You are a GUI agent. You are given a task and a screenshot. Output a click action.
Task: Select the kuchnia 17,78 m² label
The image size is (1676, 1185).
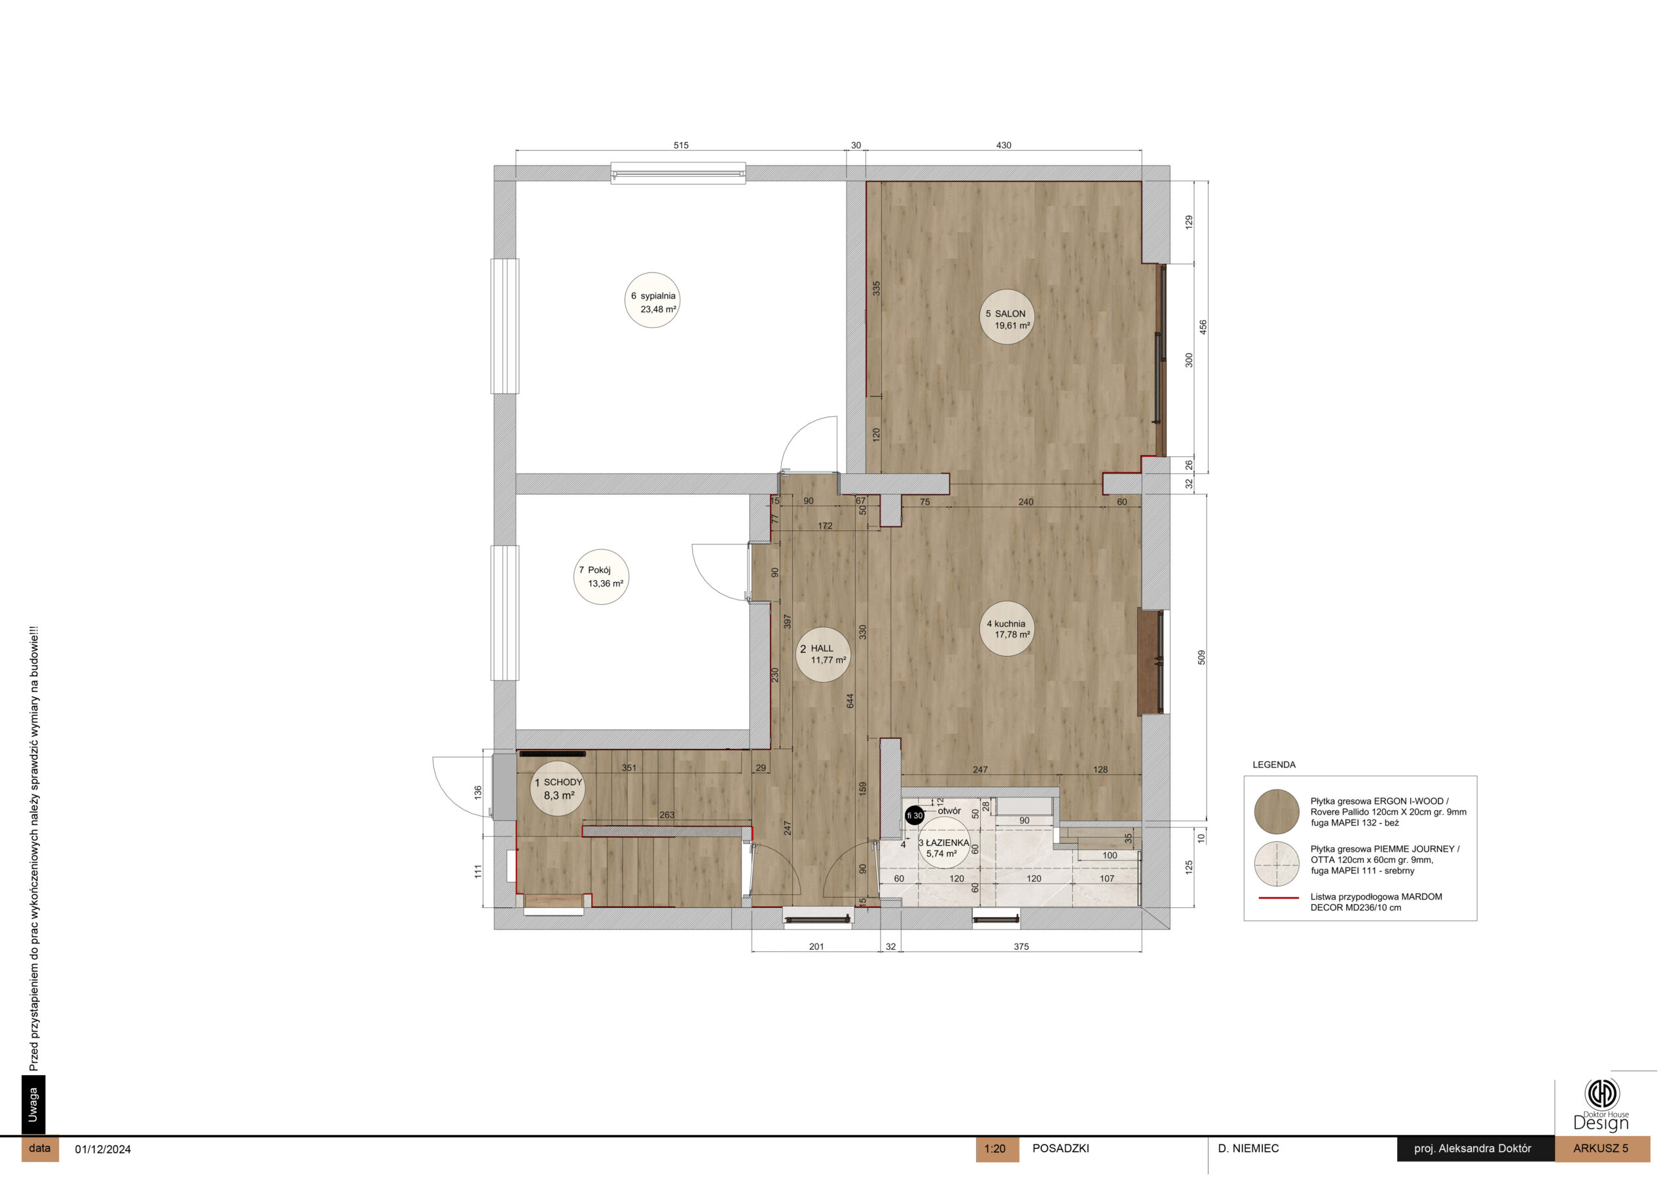[1008, 629]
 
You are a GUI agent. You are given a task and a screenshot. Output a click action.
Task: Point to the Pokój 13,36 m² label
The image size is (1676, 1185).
[602, 577]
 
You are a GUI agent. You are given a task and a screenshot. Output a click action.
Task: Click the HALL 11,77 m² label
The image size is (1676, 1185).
[823, 654]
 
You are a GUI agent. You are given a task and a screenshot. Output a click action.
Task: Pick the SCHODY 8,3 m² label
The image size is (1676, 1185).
[558, 788]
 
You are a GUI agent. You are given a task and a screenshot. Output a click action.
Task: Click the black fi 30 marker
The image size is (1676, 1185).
[914, 816]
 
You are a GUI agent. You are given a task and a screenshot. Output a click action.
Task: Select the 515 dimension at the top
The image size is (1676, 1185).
[680, 145]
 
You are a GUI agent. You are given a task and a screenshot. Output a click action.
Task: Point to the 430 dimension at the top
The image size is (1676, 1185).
[1004, 145]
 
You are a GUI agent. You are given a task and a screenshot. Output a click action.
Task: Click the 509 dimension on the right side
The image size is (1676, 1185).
[1201, 657]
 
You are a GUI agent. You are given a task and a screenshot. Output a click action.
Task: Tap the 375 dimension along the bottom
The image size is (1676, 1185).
[1021, 946]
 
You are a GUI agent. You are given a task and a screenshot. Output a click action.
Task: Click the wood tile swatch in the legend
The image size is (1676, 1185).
[1277, 811]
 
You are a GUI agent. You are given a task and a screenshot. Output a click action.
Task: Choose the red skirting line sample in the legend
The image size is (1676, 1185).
[1278, 898]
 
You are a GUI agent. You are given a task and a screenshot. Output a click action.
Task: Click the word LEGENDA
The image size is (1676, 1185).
[1274, 765]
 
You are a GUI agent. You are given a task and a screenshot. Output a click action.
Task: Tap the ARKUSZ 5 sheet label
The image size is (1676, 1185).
[1601, 1148]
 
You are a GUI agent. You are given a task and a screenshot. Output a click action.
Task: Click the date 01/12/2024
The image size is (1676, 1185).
[103, 1149]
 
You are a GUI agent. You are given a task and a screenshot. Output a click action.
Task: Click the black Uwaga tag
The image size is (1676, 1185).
[33, 1104]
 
